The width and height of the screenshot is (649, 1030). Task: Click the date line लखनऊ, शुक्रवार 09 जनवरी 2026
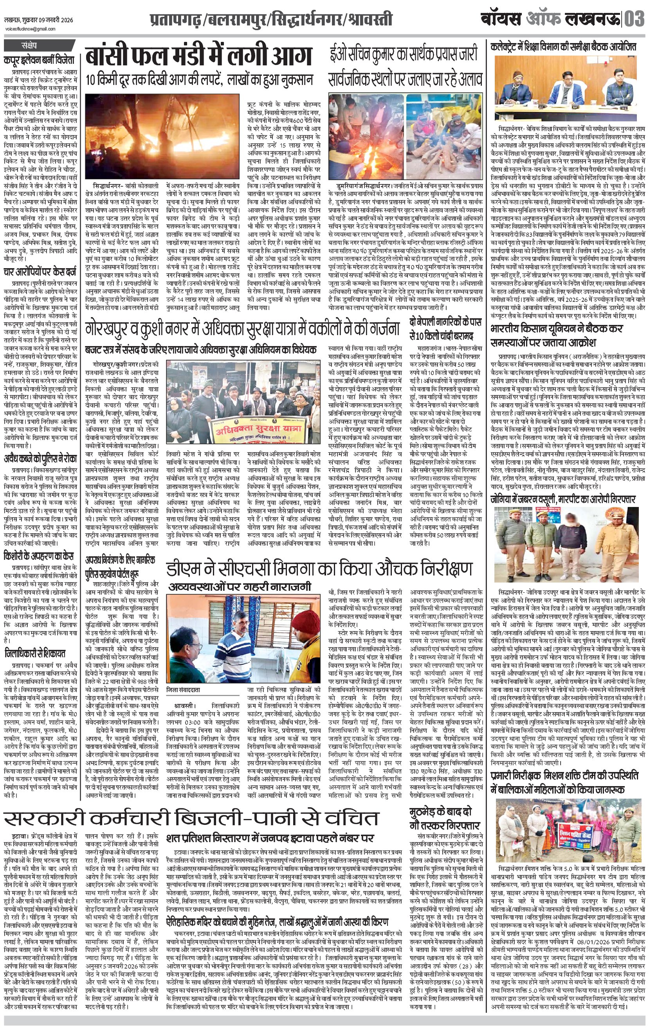[39, 20]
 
